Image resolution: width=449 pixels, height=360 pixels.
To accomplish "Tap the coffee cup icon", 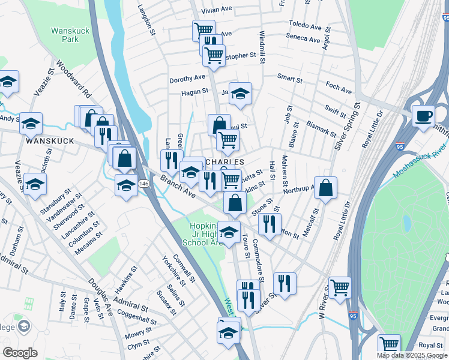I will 423,116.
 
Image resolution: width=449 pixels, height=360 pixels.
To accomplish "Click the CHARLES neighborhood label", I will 225,162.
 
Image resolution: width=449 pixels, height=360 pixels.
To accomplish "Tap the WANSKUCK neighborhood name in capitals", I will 49,140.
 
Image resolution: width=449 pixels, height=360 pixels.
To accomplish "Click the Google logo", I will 20,353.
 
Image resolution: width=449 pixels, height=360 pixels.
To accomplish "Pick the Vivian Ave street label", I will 217,11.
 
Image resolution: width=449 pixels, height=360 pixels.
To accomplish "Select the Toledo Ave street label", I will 305,26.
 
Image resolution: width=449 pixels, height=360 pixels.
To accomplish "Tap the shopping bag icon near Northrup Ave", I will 325,188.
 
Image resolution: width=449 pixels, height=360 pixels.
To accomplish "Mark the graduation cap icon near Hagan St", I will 240,94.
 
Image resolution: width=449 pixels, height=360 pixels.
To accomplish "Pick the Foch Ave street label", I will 339,88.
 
